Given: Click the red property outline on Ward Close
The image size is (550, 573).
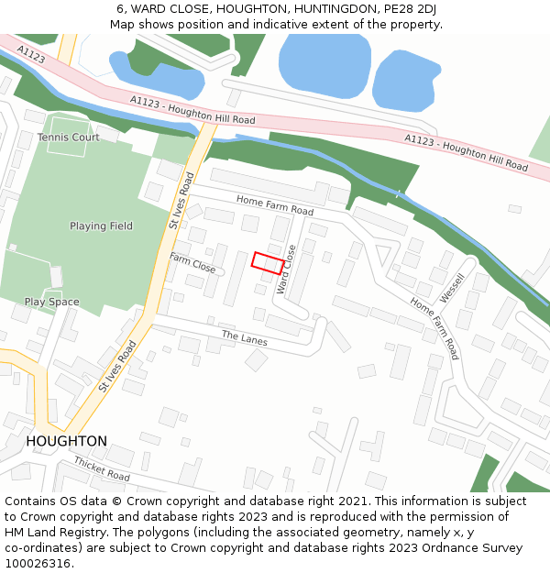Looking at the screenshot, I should click(x=268, y=263).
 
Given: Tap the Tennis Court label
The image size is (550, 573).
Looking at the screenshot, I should click(x=69, y=138).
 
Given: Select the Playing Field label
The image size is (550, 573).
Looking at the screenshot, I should click(x=101, y=226).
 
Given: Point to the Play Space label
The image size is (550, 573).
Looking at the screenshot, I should click(x=51, y=302).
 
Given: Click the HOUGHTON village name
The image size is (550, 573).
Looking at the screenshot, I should click(x=66, y=441).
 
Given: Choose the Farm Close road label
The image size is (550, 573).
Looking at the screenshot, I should click(x=192, y=264).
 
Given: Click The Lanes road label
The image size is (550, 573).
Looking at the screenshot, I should click(x=244, y=336).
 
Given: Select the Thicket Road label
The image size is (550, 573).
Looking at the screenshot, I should click(x=102, y=468).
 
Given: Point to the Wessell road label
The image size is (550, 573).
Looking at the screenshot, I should click(x=452, y=287).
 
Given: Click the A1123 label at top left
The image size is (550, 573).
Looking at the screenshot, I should click(x=30, y=57).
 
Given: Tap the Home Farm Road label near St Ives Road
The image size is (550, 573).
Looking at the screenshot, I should click(x=275, y=205).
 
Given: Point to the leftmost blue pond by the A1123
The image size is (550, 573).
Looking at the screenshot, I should click(x=156, y=74).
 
